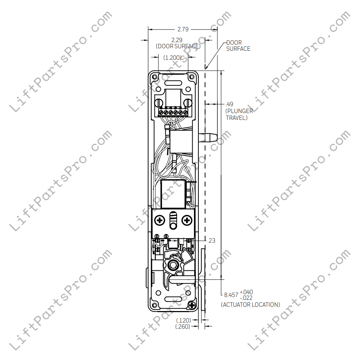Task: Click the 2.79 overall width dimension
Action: (x=183, y=29)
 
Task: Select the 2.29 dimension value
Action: (x=176, y=40)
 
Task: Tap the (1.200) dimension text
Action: (x=172, y=57)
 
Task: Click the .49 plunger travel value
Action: (x=229, y=104)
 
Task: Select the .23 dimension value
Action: (x=211, y=240)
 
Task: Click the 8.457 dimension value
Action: (x=231, y=295)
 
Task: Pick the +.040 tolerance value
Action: (x=246, y=292)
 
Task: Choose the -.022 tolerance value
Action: (x=246, y=298)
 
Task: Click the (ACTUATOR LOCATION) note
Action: (x=250, y=305)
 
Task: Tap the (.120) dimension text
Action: (x=184, y=320)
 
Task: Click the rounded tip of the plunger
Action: (x=215, y=137)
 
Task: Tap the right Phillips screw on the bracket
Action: (x=187, y=220)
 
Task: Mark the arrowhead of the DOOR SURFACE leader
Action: (x=206, y=67)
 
